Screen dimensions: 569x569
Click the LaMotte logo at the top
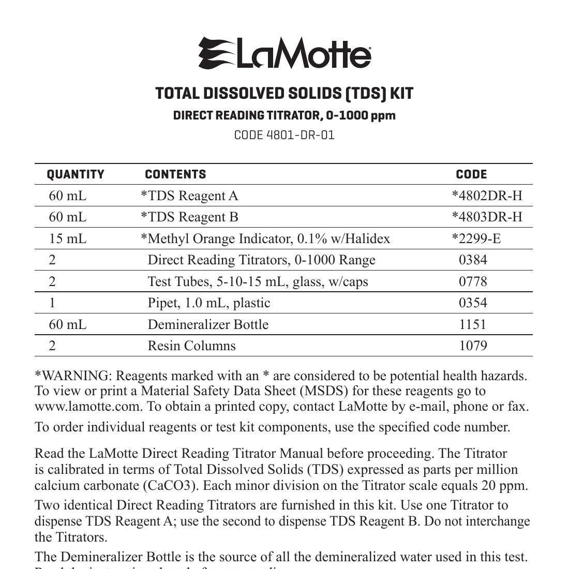click(284, 53)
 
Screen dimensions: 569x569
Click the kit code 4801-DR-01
click(284, 135)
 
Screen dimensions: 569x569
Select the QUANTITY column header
click(76, 174)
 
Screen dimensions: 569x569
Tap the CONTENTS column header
click(175, 174)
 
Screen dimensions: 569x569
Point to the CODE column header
click(471, 174)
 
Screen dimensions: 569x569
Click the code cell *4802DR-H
click(487, 196)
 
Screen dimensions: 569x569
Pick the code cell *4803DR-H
click(487, 217)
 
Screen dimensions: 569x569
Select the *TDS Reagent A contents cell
click(189, 196)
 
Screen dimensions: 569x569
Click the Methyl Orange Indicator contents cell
click(265, 238)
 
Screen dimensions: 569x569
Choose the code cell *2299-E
click(476, 238)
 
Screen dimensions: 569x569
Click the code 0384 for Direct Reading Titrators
click(473, 260)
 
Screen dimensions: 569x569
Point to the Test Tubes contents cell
click(258, 281)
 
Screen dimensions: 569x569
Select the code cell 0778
click(473, 281)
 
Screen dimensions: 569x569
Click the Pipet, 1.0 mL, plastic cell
click(209, 303)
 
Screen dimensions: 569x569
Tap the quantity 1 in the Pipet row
click(52, 303)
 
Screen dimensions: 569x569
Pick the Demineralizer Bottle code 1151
click(473, 324)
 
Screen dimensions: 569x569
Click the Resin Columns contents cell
click(191, 346)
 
